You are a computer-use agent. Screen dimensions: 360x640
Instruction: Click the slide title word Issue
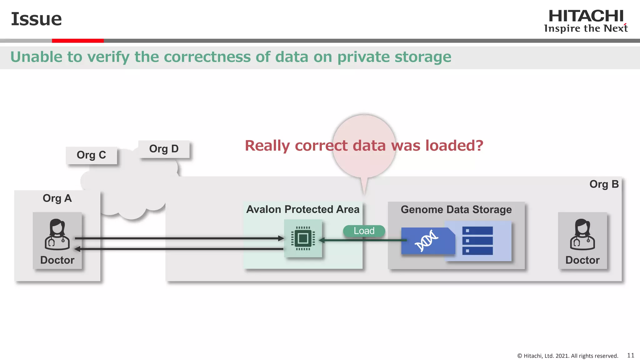coord(36,19)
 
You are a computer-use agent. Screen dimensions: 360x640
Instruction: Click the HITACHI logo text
coord(586,16)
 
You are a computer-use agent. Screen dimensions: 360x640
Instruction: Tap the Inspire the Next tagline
coord(586,28)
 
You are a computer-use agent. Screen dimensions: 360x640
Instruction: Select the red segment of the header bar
coord(77,41)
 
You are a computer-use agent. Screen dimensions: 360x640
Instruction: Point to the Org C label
coord(91,155)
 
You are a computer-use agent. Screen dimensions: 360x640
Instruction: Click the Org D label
coord(164,149)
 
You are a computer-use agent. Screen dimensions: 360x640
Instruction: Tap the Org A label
coord(57,198)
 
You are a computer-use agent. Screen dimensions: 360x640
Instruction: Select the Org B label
coord(604,184)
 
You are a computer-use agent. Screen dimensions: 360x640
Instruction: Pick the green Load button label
coord(364,231)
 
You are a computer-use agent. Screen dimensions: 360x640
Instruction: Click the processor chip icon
coord(303,238)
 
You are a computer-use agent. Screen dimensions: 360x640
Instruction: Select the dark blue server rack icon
coord(477,241)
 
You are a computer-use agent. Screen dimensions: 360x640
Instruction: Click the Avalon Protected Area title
coord(303,209)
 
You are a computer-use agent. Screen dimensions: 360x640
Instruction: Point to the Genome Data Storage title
coord(456,209)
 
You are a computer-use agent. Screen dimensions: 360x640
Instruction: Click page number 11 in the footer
coord(631,355)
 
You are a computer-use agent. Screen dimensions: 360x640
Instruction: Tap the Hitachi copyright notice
coord(567,356)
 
